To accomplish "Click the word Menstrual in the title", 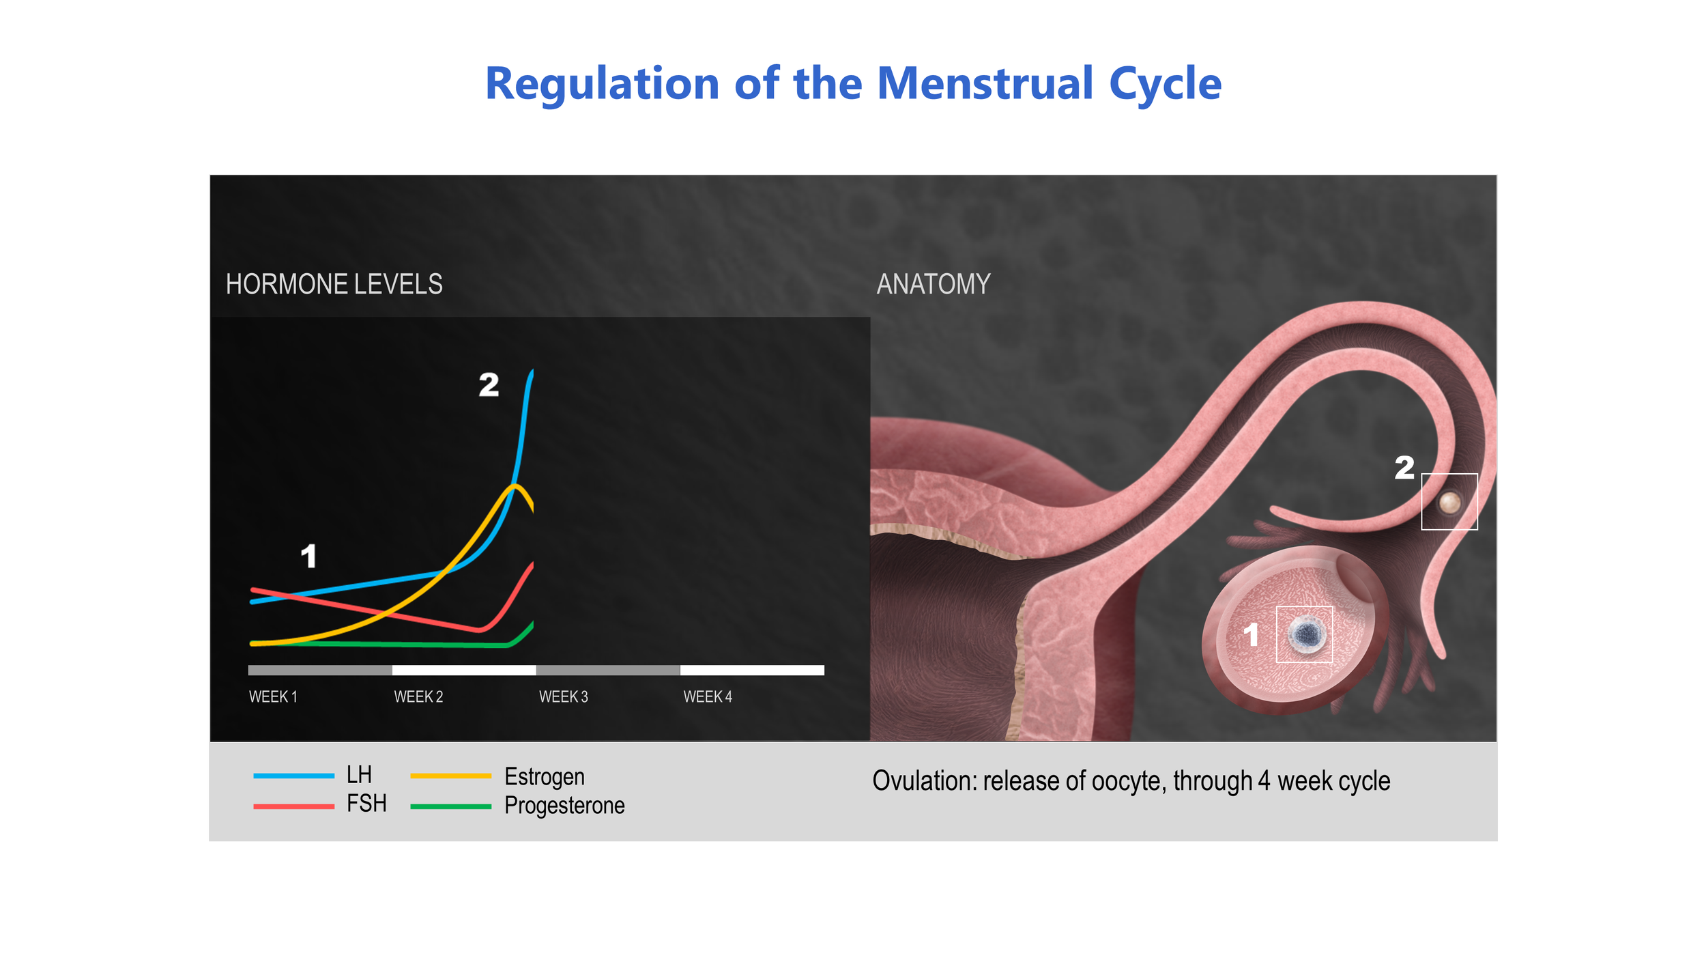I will point(985,83).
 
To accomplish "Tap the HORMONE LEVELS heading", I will point(334,284).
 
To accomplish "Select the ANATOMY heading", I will point(933,284).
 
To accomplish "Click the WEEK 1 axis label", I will point(273,696).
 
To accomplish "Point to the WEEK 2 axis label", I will point(418,696).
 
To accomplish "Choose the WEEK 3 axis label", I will point(563,696).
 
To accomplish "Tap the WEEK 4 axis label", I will point(708,696).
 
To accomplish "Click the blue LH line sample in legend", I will point(293,776).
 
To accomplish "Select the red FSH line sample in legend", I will point(293,806).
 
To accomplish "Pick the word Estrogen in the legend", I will point(544,776).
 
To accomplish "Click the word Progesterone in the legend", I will point(564,806).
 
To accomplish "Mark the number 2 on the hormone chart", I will point(489,385).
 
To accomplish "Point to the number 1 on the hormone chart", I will point(308,556).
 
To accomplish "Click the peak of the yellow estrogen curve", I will point(517,485).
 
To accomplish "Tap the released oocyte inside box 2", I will point(1449,503).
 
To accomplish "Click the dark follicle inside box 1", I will point(1307,634).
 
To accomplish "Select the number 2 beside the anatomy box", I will point(1404,468).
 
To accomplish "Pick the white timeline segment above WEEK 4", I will point(752,670).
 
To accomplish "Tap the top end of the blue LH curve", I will point(532,372).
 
